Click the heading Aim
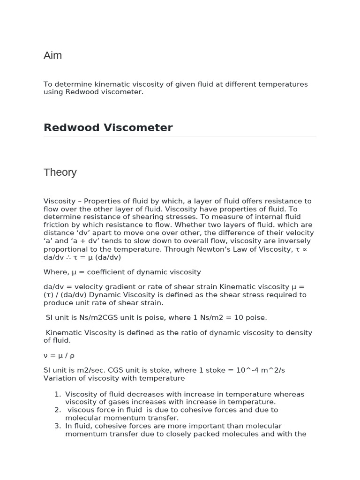point(52,56)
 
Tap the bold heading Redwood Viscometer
point(108,127)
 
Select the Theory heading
point(60,172)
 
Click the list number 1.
point(58,394)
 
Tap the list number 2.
point(58,410)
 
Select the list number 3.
point(58,426)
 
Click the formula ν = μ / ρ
point(59,356)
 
